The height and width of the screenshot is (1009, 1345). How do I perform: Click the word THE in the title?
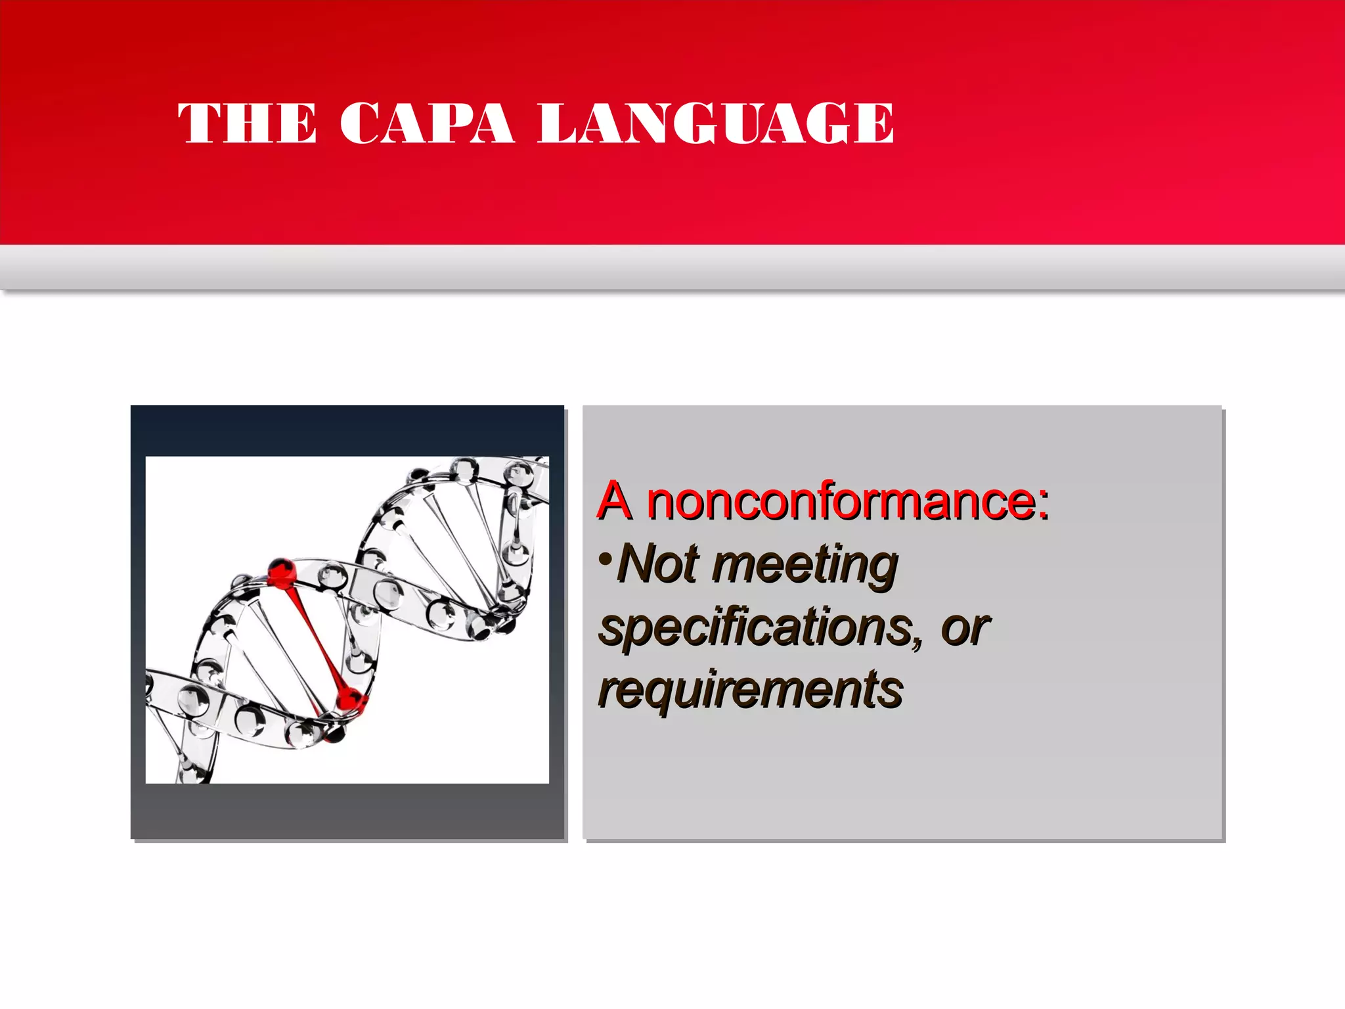pyautogui.click(x=247, y=123)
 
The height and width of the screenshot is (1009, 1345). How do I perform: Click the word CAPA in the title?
pyautogui.click(x=426, y=123)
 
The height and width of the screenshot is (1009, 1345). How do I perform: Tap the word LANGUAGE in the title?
pyautogui.click(x=715, y=123)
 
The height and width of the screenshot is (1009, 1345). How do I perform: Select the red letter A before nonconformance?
pyautogui.click(x=614, y=501)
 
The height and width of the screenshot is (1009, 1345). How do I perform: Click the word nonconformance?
pyautogui.click(x=841, y=501)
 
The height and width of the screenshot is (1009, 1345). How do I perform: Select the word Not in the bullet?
pyautogui.click(x=659, y=564)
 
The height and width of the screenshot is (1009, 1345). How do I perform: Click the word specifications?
pyautogui.click(x=755, y=628)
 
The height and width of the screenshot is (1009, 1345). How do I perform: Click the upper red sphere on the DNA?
pyautogui.click(x=282, y=572)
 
